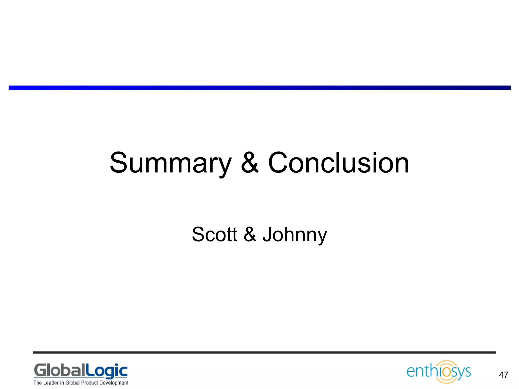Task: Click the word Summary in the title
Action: (x=170, y=163)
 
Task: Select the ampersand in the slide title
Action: (x=250, y=163)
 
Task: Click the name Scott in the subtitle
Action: (x=214, y=234)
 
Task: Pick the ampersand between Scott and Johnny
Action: (x=250, y=234)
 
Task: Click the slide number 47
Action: (x=503, y=375)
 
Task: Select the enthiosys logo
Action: (x=439, y=372)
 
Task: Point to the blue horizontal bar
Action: (x=259, y=88)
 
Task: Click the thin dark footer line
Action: (x=264, y=352)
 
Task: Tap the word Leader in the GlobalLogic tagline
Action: (x=51, y=383)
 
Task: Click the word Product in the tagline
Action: (x=89, y=383)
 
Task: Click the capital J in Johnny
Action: (x=267, y=234)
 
